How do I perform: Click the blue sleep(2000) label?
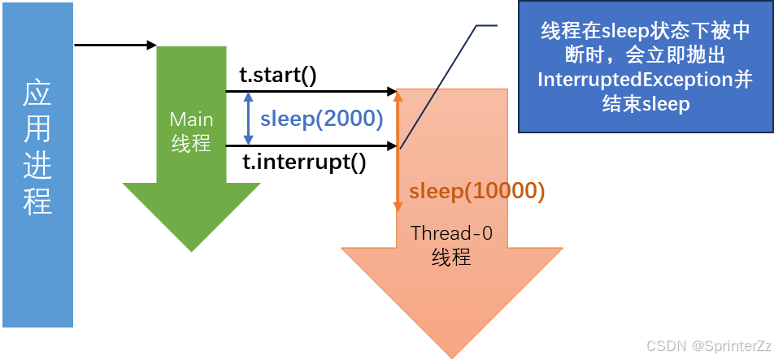321,119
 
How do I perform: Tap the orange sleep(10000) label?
476,191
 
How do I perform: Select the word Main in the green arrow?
191,120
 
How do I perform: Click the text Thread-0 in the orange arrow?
451,233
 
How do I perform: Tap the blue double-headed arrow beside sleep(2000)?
249,119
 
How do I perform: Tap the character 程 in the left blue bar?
37,201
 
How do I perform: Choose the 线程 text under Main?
191,145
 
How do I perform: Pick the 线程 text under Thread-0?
451,258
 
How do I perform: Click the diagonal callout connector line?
447,85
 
